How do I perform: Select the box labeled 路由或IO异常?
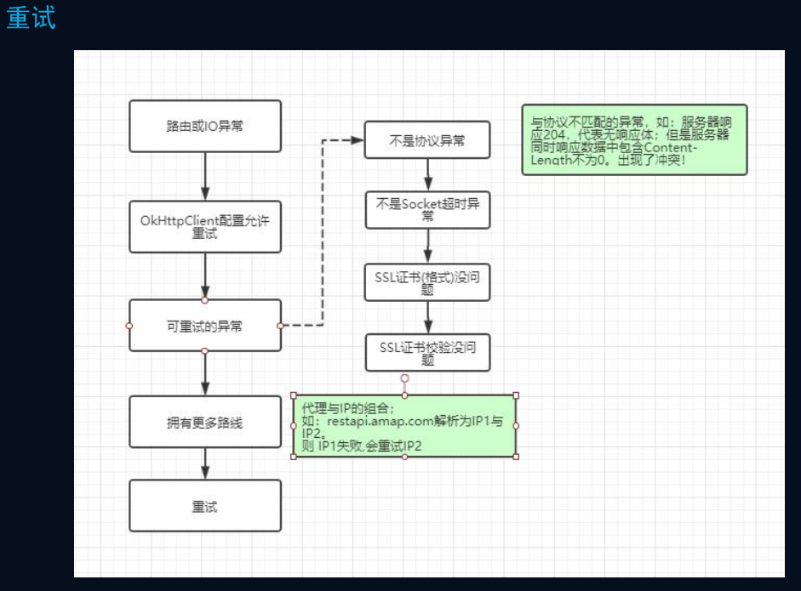[x=205, y=127]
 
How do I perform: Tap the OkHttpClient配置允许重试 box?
[x=205, y=226]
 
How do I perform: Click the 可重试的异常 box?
[x=205, y=325]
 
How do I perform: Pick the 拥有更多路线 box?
[x=205, y=422]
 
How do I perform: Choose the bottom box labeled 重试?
[x=205, y=506]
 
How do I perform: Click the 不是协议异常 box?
[x=427, y=140]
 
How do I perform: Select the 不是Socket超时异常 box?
[x=427, y=210]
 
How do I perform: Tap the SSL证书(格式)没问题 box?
[x=427, y=281]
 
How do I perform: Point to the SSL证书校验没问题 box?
[x=427, y=352]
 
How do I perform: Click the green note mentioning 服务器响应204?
[x=634, y=139]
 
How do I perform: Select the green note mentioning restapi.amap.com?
[x=404, y=426]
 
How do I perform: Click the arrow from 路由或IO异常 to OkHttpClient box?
[x=205, y=177]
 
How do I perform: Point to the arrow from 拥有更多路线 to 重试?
[x=205, y=463]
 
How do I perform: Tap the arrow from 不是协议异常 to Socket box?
[x=427, y=175]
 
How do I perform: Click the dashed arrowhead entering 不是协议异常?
[x=358, y=140]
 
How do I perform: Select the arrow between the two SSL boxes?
[x=427, y=317]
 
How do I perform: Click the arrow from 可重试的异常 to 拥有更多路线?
[x=205, y=372]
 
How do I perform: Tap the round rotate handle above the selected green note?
[x=405, y=378]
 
